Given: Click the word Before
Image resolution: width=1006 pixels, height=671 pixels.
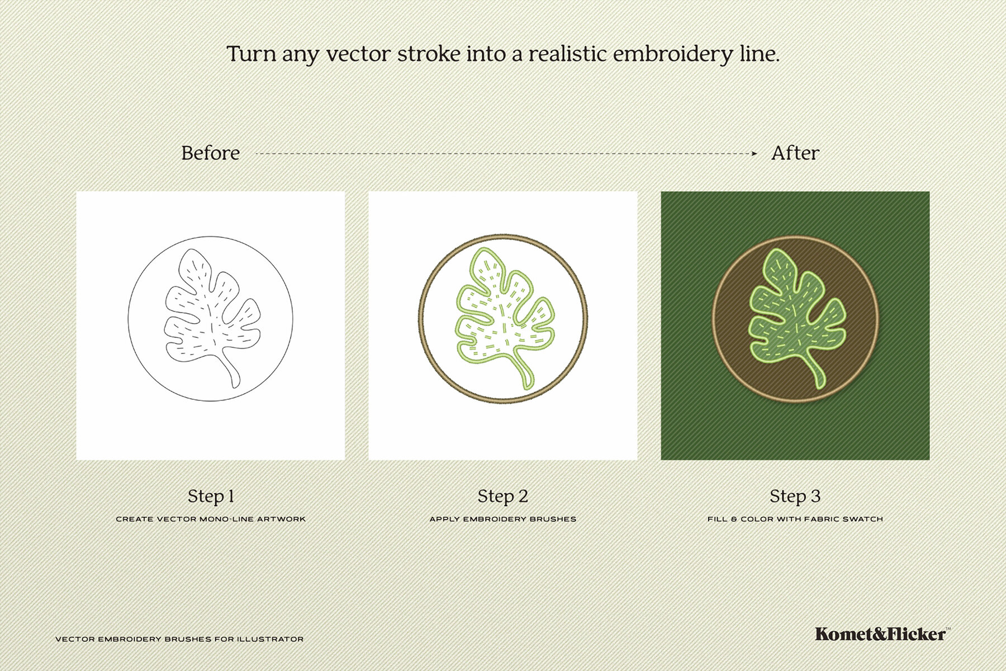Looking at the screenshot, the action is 211,153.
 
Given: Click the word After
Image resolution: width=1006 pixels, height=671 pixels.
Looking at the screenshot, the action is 795,153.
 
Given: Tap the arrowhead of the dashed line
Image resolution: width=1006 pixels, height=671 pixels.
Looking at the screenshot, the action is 754,153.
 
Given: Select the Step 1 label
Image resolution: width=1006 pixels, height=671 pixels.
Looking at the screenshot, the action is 211,496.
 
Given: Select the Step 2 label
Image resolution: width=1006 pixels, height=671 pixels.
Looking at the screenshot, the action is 503,496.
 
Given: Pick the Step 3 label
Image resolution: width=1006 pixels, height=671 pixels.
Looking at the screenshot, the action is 795,496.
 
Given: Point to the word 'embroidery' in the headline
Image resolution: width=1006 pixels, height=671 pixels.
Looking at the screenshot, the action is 672,55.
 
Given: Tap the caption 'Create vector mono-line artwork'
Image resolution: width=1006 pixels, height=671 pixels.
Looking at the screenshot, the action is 211,519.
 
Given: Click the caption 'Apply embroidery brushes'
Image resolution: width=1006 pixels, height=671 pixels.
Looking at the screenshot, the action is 503,519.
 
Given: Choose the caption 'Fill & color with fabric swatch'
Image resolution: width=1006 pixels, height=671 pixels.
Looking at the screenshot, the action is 795,519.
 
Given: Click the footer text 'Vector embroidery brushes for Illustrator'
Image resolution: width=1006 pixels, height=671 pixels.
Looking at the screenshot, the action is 179,639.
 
